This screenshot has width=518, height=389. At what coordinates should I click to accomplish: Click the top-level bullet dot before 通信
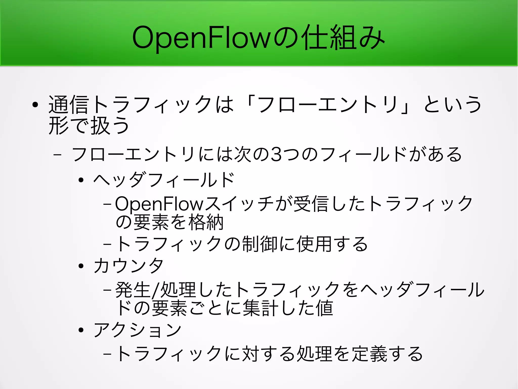click(35, 104)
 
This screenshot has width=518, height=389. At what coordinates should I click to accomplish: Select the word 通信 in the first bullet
click(68, 104)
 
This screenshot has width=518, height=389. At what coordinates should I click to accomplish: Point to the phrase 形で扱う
click(89, 125)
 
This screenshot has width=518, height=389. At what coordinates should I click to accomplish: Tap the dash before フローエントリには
click(58, 154)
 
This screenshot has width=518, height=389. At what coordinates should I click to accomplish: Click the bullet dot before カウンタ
click(81, 266)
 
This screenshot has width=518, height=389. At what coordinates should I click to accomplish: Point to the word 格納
click(206, 222)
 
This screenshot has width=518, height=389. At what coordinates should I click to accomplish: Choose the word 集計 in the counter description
click(261, 308)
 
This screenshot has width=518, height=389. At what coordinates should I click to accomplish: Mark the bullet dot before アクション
click(81, 330)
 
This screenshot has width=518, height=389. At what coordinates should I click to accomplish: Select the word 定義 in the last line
click(369, 354)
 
